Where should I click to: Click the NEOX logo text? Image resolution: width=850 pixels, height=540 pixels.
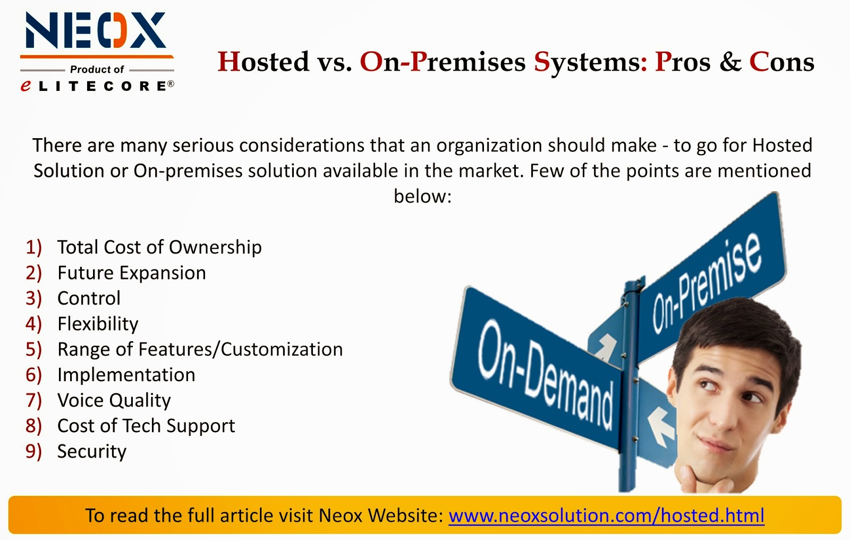point(96,31)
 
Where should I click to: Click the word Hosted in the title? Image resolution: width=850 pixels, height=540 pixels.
point(263,62)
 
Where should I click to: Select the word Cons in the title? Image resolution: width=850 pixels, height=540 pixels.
point(781,62)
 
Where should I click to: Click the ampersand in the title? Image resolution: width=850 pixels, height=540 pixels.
point(730,62)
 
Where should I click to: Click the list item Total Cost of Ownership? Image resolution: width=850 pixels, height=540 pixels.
point(159,247)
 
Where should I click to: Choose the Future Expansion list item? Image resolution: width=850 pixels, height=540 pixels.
point(131,273)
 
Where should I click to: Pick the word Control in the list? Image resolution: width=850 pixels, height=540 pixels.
point(89,298)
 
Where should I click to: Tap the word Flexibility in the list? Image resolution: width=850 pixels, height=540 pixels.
point(98,324)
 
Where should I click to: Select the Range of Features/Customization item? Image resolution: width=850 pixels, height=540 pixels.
point(200,349)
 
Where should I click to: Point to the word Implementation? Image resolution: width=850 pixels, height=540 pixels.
point(126,375)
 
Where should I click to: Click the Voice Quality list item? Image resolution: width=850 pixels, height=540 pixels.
point(114,400)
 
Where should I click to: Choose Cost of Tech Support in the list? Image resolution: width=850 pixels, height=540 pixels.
point(146,426)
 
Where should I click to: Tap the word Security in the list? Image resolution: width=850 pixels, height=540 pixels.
point(91,451)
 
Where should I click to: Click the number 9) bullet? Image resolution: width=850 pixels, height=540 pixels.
point(33,451)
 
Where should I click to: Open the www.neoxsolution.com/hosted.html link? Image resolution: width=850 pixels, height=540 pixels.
point(606,516)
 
